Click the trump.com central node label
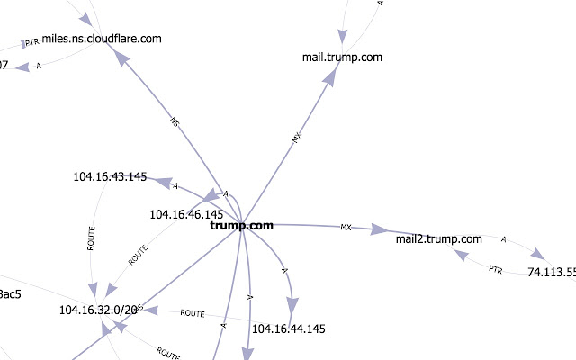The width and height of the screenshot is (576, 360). pos(241,226)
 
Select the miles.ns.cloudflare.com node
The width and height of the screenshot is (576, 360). pos(102,38)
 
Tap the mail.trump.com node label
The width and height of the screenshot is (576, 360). pos(342,58)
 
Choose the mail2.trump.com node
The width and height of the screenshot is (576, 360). pos(439,239)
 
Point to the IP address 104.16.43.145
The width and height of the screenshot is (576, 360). pos(110,176)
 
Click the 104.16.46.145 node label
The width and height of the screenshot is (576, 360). pos(186,214)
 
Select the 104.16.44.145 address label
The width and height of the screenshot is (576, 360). pos(288,328)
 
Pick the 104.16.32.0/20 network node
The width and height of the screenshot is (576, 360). pos(98,310)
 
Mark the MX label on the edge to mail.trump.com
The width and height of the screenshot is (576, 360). pos(298,138)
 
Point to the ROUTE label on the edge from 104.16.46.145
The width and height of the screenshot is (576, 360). pos(138,255)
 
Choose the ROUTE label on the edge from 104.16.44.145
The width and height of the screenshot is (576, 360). pos(193,313)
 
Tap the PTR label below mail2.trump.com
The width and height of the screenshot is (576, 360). pos(495,268)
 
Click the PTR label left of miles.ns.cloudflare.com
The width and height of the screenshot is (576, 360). pos(32,42)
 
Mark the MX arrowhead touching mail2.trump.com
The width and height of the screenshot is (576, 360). pos(380,231)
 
